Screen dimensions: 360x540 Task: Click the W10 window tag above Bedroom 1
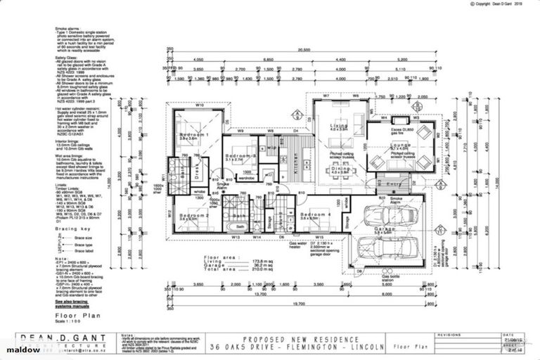click(200, 107)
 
